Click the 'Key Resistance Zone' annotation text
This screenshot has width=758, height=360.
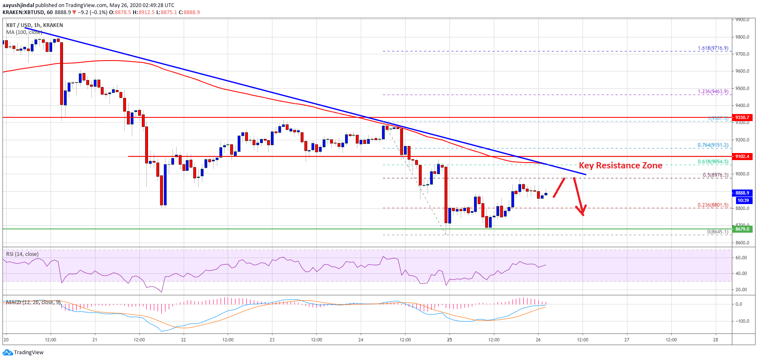[x=620, y=165]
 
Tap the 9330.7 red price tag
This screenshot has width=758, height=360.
[x=742, y=117]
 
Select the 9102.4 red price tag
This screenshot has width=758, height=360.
[x=742, y=156]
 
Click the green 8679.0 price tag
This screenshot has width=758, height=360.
[x=742, y=229]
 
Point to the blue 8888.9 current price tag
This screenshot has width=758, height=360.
[x=742, y=193]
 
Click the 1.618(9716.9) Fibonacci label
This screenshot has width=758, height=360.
[x=713, y=48]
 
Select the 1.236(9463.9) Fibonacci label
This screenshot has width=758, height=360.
[x=713, y=92]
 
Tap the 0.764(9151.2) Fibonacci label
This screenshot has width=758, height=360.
[x=713, y=145]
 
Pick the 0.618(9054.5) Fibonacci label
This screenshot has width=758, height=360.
[x=713, y=162]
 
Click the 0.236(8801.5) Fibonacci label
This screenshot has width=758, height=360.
[x=713, y=205]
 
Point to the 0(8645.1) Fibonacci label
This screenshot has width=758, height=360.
[x=717, y=232]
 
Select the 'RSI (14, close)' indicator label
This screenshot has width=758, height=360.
[x=22, y=254]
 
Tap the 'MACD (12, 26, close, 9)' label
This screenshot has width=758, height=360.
[x=33, y=302]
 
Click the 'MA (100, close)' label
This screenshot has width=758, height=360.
[x=24, y=32]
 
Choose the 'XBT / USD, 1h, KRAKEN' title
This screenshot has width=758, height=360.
[x=34, y=25]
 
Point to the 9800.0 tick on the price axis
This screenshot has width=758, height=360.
[x=742, y=37]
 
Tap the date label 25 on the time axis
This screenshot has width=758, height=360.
[x=449, y=340]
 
